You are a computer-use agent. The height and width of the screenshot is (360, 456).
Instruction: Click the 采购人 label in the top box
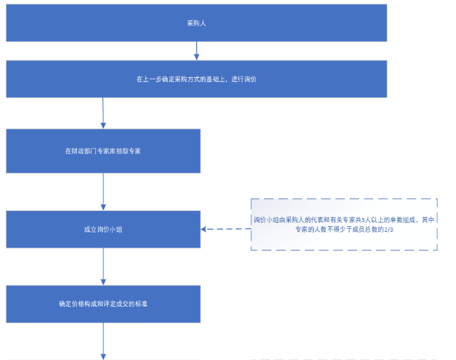pos(197,23)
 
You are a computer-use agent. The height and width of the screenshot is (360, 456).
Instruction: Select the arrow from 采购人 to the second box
pos(197,50)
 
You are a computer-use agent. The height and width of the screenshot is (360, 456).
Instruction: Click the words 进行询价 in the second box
pos(244,79)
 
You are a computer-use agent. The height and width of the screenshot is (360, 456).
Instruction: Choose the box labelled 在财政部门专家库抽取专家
pos(103,150)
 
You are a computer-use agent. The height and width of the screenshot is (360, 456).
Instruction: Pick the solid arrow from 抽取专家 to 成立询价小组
pos(103,190)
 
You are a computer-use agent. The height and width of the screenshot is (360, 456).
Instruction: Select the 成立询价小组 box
pos(103,228)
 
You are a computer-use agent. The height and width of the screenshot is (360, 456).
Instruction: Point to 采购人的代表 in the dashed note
pos(297,219)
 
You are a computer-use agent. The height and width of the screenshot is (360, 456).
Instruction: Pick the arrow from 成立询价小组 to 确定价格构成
pos(103,266)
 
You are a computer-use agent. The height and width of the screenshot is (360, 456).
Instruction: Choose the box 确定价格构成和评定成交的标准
pos(103,303)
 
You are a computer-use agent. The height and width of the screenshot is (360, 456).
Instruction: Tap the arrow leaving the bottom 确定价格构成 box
pos(103,341)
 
